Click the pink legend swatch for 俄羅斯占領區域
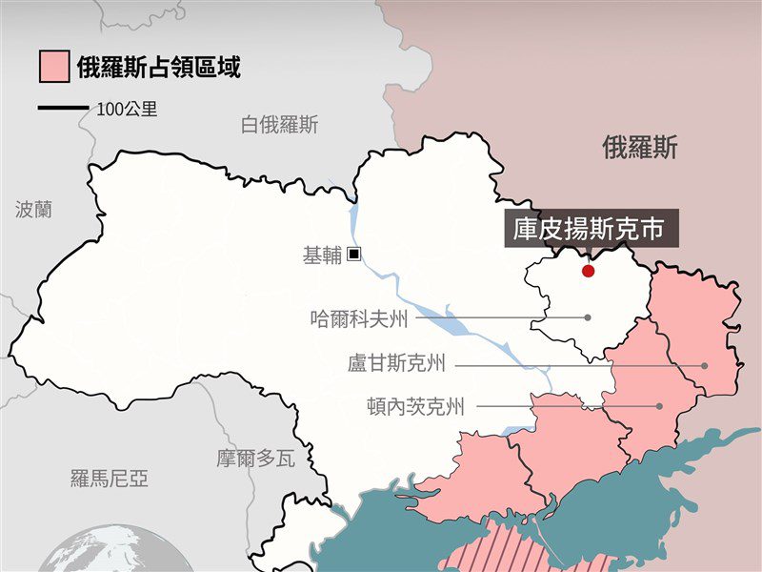[53, 67]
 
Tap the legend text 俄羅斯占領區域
[158, 67]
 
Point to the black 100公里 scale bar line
[63, 109]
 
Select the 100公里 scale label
[127, 109]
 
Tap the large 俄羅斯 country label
[640, 147]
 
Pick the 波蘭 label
[33, 210]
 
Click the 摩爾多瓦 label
[255, 459]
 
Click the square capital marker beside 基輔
[353, 255]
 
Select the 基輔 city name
[321, 255]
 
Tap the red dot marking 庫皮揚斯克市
[588, 271]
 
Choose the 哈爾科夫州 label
[359, 318]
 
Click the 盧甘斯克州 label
[397, 364]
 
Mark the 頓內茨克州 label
[416, 407]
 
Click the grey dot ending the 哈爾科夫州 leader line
[588, 317]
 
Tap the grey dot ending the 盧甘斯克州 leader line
[705, 365]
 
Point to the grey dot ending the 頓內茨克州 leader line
[659, 406]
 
